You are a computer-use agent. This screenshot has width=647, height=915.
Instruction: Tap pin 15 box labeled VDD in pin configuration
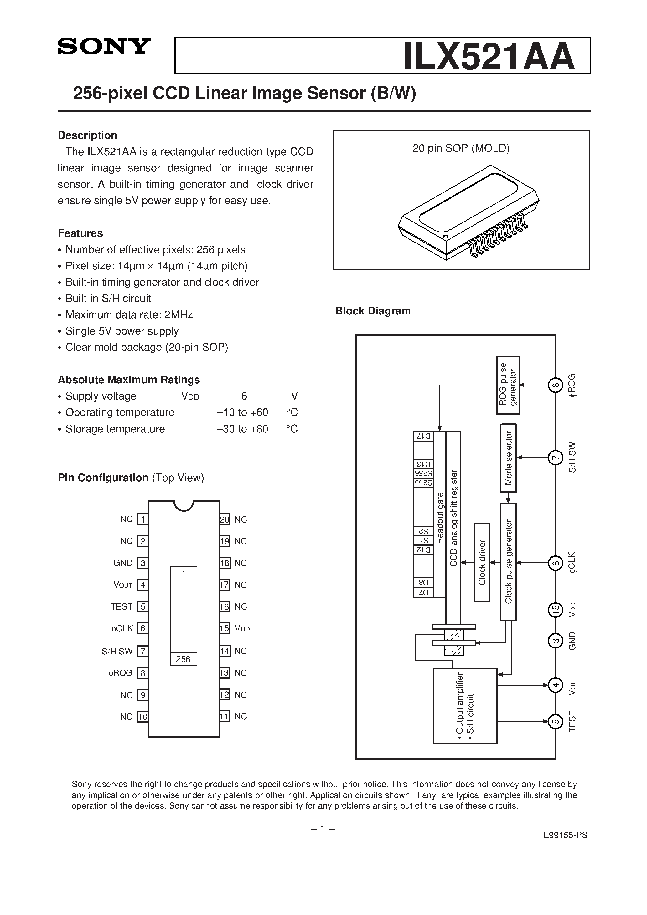click(225, 628)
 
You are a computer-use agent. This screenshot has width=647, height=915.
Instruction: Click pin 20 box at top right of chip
click(225, 519)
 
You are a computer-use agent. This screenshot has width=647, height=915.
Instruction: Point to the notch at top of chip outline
click(184, 505)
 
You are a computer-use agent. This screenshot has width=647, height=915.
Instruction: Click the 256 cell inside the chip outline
click(184, 659)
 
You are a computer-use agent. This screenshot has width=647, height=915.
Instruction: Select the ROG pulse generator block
click(508, 385)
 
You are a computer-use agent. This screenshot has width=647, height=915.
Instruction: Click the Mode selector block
click(508, 458)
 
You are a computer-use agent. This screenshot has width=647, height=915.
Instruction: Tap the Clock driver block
click(482, 562)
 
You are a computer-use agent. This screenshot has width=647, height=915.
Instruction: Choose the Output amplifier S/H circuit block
click(465, 706)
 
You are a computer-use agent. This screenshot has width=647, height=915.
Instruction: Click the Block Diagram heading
click(373, 311)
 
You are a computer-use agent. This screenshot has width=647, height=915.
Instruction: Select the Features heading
click(80, 233)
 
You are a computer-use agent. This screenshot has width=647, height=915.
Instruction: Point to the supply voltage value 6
click(244, 396)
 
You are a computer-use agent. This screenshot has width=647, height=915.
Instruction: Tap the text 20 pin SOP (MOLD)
click(461, 148)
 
